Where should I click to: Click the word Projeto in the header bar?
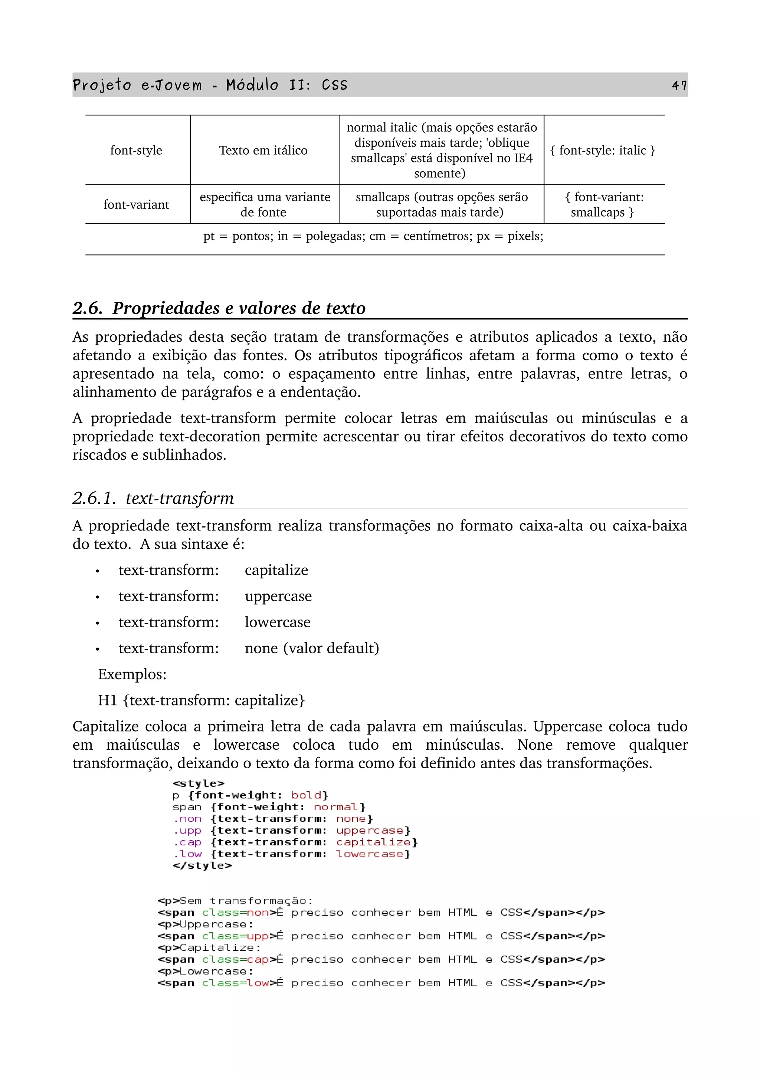coord(102,85)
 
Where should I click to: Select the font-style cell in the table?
coord(136,150)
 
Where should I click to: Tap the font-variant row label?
coord(136,205)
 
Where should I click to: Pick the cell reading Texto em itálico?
coord(263,150)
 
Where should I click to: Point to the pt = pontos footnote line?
coord(373,236)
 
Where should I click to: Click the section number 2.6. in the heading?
coord(88,308)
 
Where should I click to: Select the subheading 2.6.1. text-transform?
coord(153,498)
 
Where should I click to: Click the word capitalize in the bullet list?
coord(276,570)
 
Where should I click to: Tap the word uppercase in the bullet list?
coord(278,596)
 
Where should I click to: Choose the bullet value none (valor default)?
coord(311,648)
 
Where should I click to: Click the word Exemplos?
coord(132,674)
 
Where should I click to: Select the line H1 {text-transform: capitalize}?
coord(202,700)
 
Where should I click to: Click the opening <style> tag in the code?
coord(199,784)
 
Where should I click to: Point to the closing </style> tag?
coord(202,866)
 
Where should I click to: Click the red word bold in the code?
coord(306,795)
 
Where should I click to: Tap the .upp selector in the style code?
coord(187,831)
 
